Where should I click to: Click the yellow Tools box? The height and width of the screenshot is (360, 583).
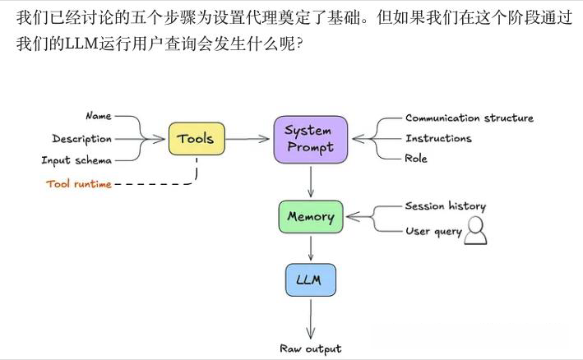tap(196, 139)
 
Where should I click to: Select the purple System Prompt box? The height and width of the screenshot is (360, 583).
tap(310, 139)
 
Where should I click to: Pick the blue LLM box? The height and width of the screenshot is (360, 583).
tap(310, 280)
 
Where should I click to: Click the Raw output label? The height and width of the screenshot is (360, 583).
tap(310, 348)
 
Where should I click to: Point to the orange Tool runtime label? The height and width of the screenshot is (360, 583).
tap(79, 183)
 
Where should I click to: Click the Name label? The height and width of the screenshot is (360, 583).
tap(98, 116)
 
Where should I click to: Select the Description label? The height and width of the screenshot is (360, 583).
tap(81, 139)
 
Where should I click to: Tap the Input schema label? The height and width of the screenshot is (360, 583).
tap(76, 160)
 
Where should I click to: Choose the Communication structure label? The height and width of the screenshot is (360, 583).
tap(469, 118)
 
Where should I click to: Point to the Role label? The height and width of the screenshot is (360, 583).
tap(416, 159)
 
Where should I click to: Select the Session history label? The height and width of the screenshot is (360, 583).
tap(445, 206)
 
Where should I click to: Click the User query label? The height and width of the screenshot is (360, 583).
tap(433, 232)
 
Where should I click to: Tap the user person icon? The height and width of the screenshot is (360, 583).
tap(475, 233)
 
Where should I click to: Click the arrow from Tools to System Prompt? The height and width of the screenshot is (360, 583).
tap(248, 139)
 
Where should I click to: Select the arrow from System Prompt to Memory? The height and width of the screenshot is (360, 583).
tap(310, 181)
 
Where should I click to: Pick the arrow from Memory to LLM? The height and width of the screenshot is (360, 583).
tap(310, 248)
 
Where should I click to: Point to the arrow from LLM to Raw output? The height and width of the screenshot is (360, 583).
tap(310, 316)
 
